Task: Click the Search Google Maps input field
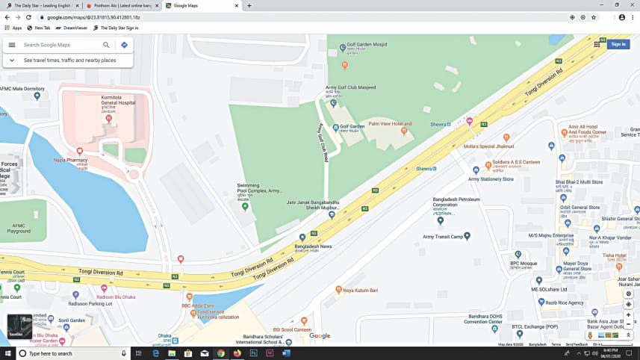(60, 45)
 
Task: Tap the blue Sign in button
(618, 44)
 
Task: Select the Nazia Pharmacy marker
(80, 152)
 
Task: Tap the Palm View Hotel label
(390, 124)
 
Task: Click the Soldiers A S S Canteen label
(516, 162)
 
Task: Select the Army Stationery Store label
(491, 179)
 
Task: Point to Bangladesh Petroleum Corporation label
(456, 202)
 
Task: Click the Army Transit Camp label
(443, 236)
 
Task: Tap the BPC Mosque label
(524, 263)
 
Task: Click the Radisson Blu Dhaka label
(116, 297)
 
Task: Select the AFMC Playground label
(19, 229)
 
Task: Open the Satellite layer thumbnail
(19, 326)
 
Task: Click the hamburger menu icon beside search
(12, 45)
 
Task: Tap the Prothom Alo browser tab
(119, 5)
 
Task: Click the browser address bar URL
(93, 17)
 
